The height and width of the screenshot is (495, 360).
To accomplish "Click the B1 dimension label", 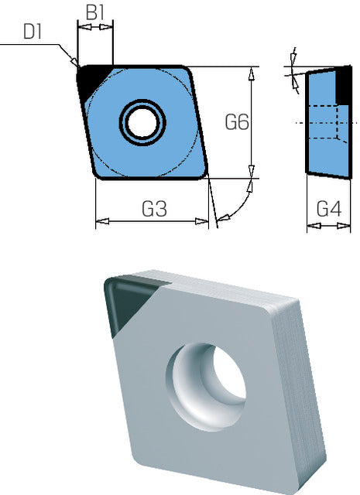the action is click(95, 12).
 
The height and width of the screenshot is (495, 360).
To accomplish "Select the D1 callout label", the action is click(33, 32).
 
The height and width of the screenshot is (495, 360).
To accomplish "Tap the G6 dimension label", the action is click(237, 122).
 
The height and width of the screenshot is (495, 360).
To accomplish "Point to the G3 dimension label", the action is click(154, 208).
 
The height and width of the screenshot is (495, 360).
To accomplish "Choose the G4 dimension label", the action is click(329, 209).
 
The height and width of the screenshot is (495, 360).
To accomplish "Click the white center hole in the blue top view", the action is click(142, 122).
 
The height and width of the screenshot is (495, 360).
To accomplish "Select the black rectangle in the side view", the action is click(343, 84).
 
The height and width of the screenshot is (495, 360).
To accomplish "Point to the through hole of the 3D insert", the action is click(206, 386).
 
